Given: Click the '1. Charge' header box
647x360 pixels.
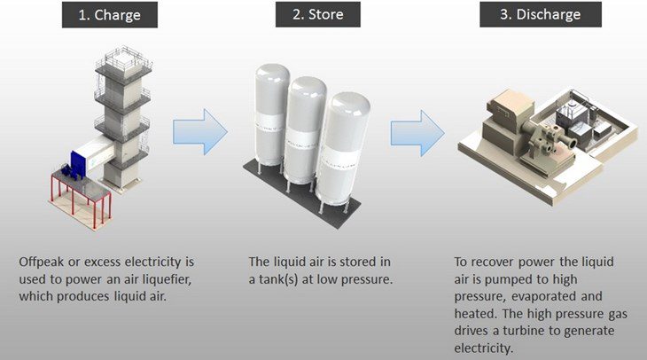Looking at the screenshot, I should pyautogui.click(x=113, y=16).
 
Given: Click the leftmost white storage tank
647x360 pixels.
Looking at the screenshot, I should pyautogui.click(x=265, y=115).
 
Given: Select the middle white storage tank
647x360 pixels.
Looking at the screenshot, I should pyautogui.click(x=306, y=124).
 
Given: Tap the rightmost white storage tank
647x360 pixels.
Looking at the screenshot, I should pyautogui.click(x=344, y=142).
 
